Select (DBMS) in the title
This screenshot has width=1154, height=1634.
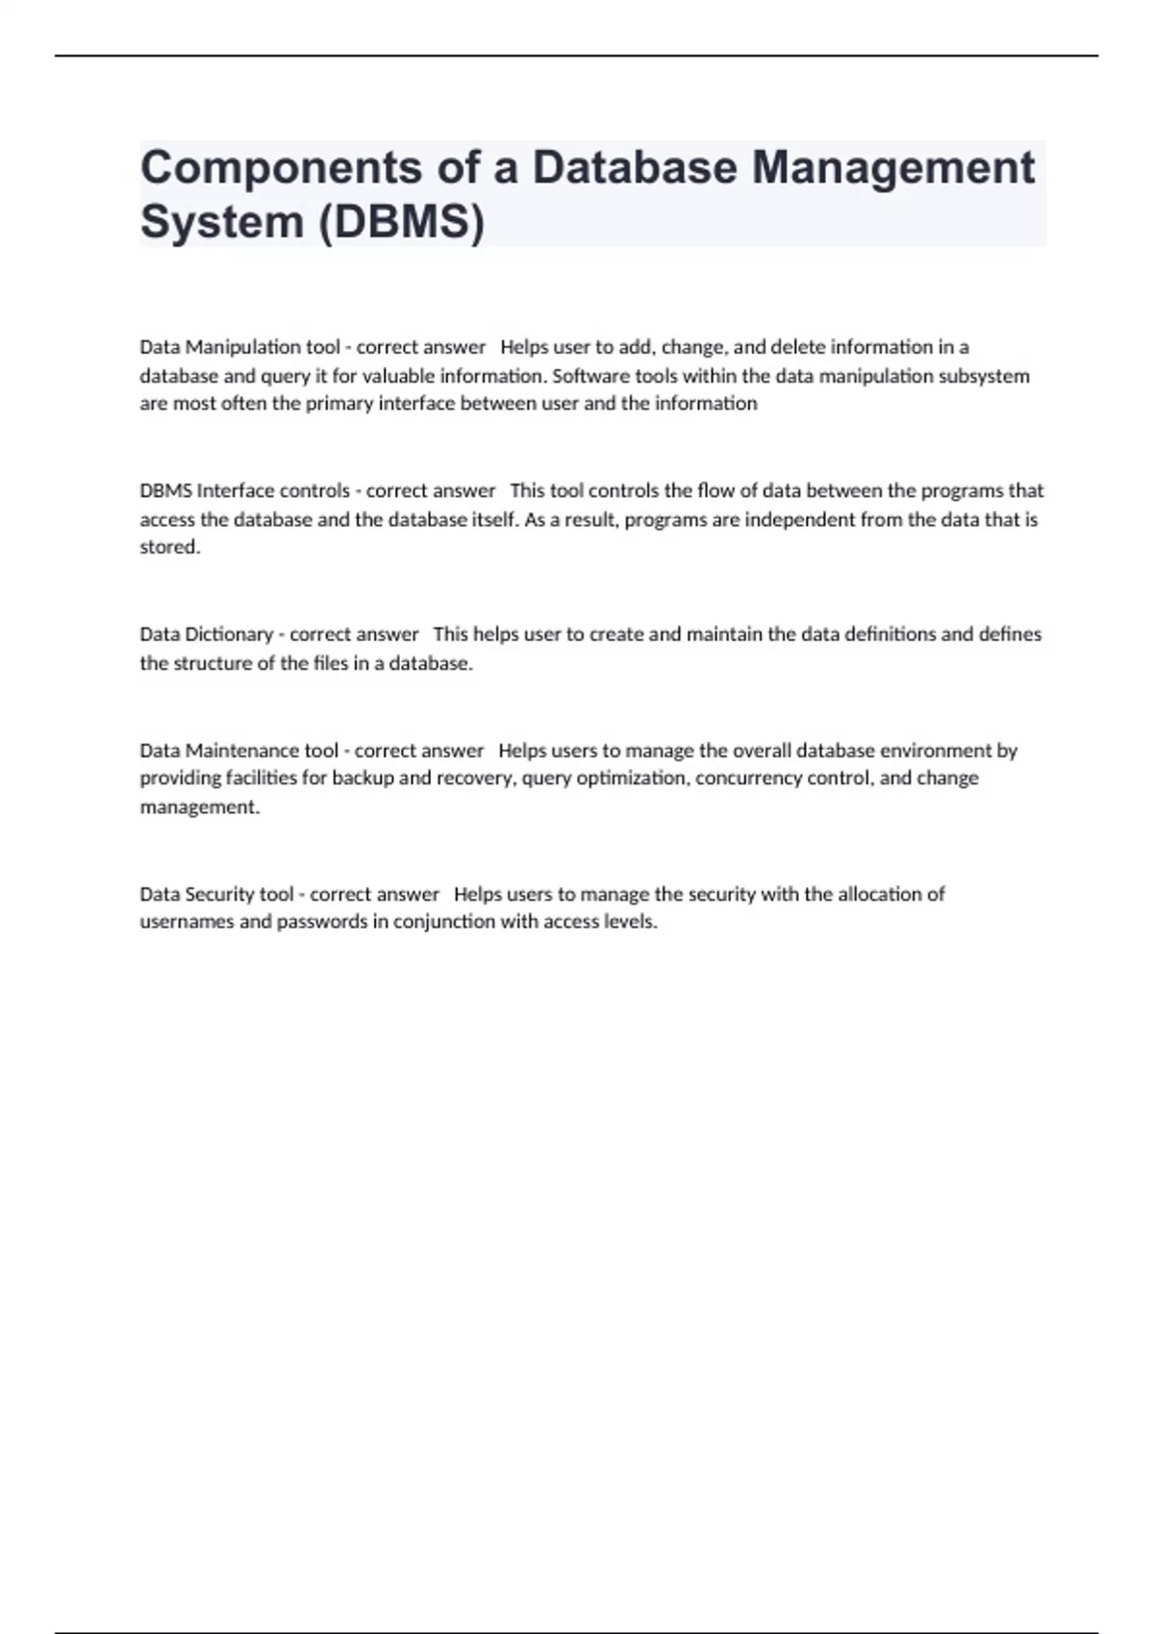[402, 222]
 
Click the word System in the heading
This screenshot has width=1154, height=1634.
[222, 222]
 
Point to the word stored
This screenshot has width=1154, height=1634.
[169, 547]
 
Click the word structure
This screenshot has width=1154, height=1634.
[213, 663]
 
